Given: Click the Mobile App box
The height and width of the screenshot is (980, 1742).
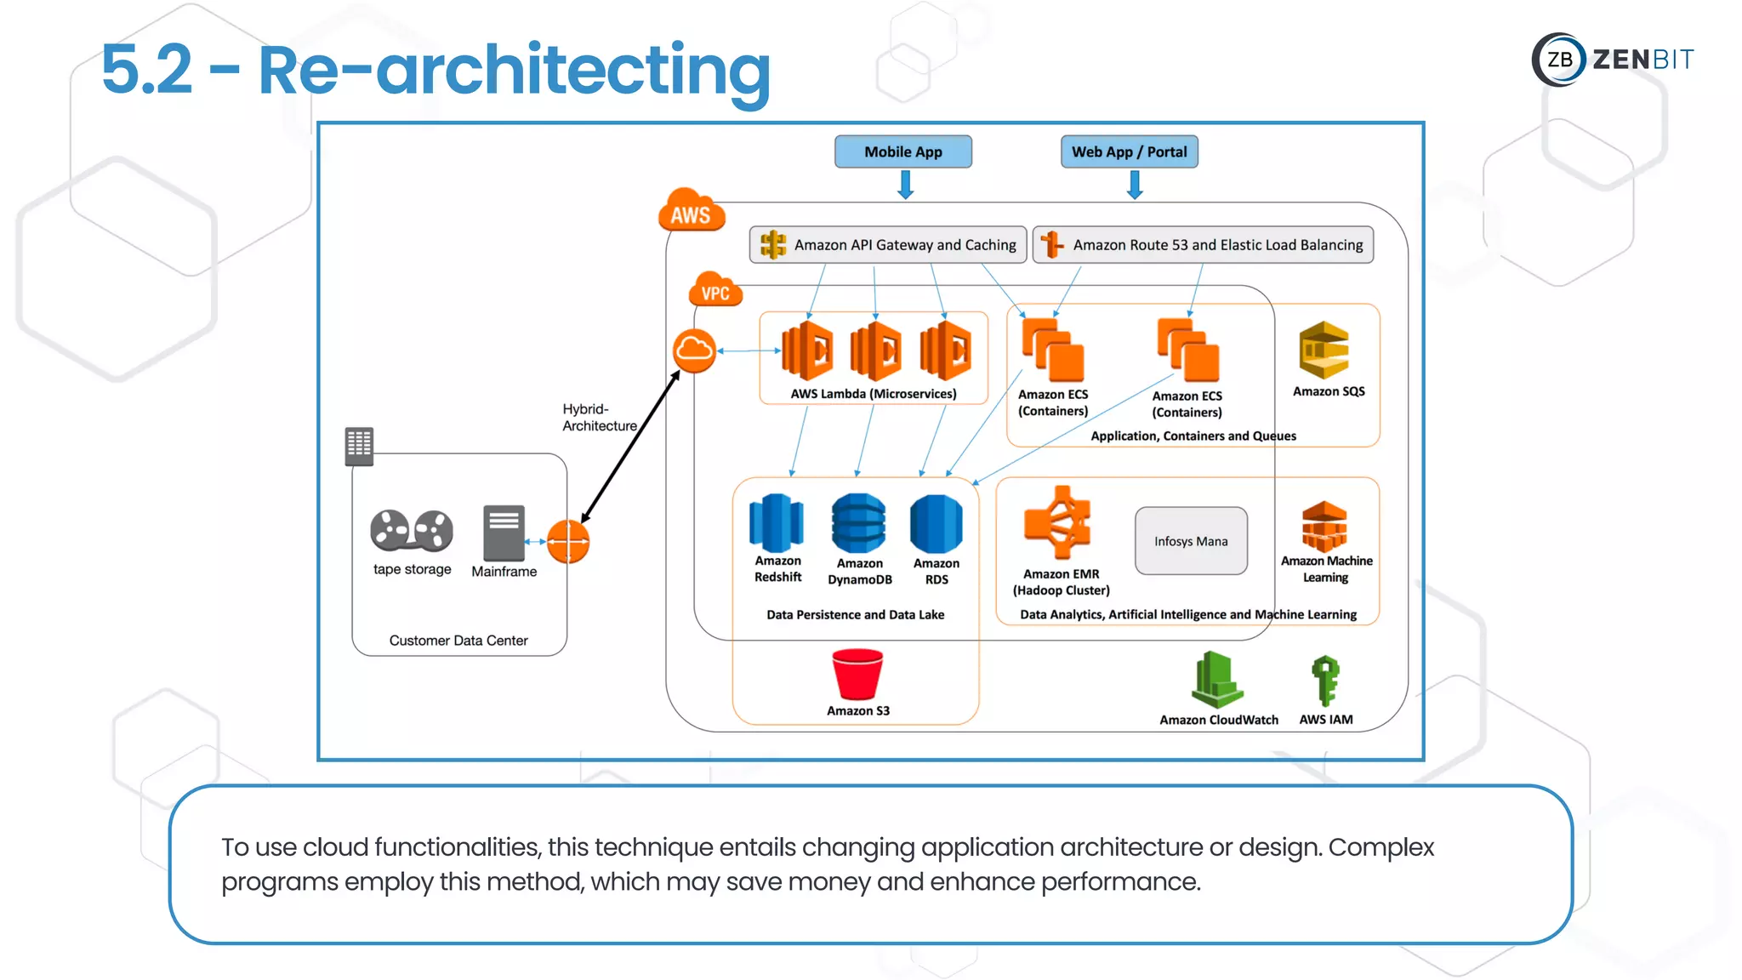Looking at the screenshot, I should [x=902, y=152].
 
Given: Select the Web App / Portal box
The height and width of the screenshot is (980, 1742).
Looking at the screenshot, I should [x=1129, y=152].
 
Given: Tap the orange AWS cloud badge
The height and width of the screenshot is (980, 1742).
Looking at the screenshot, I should [x=691, y=211].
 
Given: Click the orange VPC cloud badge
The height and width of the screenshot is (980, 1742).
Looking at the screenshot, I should [x=714, y=291].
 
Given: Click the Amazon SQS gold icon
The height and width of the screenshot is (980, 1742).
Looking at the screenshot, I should [x=1324, y=350].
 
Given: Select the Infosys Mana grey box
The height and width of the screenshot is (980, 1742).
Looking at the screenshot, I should [x=1191, y=541].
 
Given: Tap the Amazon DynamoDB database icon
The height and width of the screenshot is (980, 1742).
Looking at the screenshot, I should [x=858, y=523].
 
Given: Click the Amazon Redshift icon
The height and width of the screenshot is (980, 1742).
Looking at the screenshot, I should [x=776, y=522].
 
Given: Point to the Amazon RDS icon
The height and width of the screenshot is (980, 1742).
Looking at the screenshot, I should [x=936, y=524].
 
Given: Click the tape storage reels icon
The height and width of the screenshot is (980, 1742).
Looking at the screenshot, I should [x=412, y=530].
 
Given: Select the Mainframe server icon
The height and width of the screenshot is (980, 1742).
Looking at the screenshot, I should [x=504, y=533].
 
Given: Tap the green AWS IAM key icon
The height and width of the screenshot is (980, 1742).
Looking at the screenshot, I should [x=1325, y=681].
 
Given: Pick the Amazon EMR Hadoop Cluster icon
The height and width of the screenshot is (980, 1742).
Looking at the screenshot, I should [x=1058, y=522].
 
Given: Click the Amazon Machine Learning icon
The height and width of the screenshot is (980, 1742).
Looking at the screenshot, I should [x=1324, y=527].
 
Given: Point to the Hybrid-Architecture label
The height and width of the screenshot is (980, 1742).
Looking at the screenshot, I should [x=598, y=418].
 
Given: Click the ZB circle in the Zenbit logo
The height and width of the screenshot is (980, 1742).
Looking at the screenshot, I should [x=1559, y=60].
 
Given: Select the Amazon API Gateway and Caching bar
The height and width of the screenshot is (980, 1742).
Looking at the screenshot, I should [x=888, y=245].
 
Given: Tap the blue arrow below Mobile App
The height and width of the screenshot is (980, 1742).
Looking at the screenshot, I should [x=906, y=184].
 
